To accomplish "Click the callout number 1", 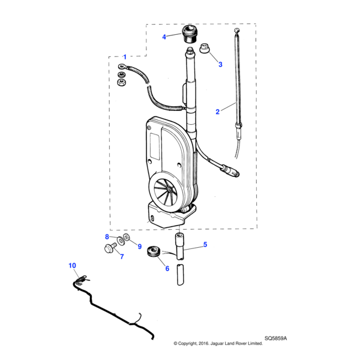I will pyautogui.click(x=125, y=57).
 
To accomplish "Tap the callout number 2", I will pyautogui.click(x=217, y=112).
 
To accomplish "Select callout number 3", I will pyautogui.click(x=220, y=64).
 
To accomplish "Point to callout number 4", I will pyautogui.click(x=164, y=37).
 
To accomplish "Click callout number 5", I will pyautogui.click(x=205, y=245).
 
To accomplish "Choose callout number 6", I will pyautogui.click(x=168, y=268).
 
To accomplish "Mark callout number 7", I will pyautogui.click(x=121, y=257).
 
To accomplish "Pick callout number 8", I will pyautogui.click(x=107, y=236).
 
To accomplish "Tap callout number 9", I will pyautogui.click(x=139, y=246).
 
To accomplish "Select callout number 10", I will pyautogui.click(x=72, y=265).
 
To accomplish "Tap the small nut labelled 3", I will pyautogui.click(x=203, y=47).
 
